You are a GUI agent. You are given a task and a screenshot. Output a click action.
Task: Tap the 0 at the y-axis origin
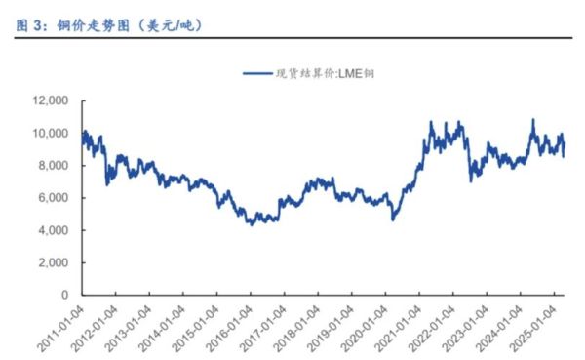(65, 295)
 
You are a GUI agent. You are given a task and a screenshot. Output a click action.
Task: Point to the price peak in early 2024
(532, 120)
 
